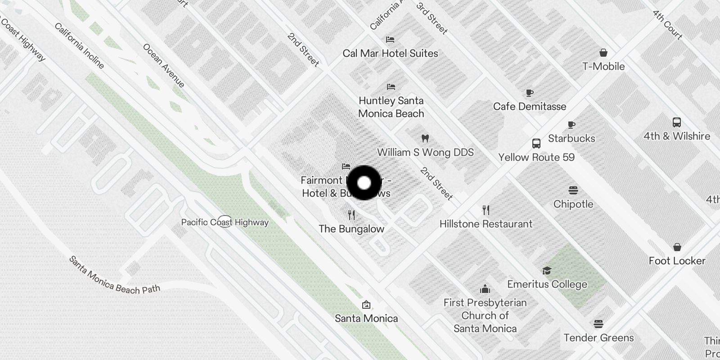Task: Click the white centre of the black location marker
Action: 364,183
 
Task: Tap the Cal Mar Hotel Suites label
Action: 390,54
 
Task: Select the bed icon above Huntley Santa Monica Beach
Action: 391,86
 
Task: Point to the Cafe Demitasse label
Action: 529,107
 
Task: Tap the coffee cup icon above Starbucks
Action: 571,125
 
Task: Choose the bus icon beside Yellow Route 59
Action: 536,144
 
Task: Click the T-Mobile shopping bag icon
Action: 603,53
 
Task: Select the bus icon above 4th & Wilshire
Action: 676,122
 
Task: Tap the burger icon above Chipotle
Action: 573,190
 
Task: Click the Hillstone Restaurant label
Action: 486,224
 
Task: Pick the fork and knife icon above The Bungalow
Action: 351,215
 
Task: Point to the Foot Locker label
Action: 677,261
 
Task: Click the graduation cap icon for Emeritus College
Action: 547,270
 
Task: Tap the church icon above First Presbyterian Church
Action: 485,289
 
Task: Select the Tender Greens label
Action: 598,338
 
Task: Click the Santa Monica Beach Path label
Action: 114,275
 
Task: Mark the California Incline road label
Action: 79,46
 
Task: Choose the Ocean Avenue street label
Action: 163,65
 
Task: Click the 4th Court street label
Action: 667,24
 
